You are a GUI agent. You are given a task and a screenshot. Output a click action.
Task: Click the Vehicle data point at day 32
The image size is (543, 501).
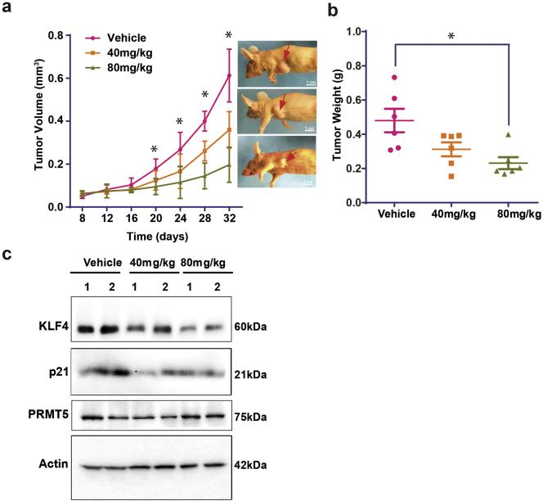point(229,75)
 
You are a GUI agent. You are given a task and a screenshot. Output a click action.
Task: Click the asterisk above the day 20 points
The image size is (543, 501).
point(155,150)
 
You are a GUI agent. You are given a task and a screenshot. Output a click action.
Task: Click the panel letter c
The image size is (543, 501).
point(7,255)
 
